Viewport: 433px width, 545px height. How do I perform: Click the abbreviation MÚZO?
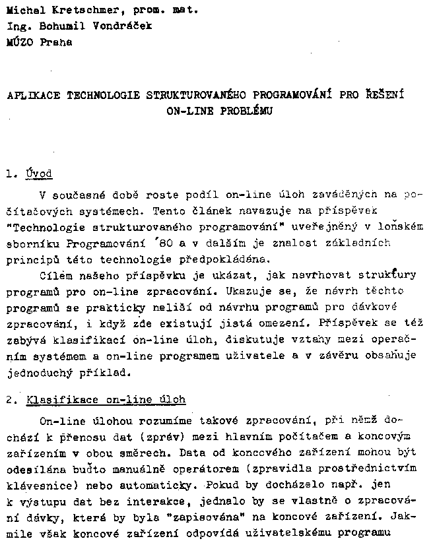point(18,42)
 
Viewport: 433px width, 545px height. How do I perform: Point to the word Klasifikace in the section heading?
point(56,400)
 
